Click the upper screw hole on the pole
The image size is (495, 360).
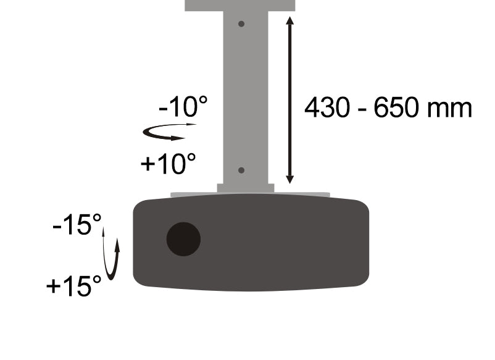[241, 23]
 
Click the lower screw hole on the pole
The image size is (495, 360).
[241, 170]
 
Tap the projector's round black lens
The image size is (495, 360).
[183, 239]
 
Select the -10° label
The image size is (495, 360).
[183, 107]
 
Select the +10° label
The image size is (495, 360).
[168, 163]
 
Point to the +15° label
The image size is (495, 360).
[74, 285]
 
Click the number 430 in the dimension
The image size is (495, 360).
[327, 107]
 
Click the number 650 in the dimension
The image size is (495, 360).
[396, 107]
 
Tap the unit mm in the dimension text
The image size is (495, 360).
[449, 109]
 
